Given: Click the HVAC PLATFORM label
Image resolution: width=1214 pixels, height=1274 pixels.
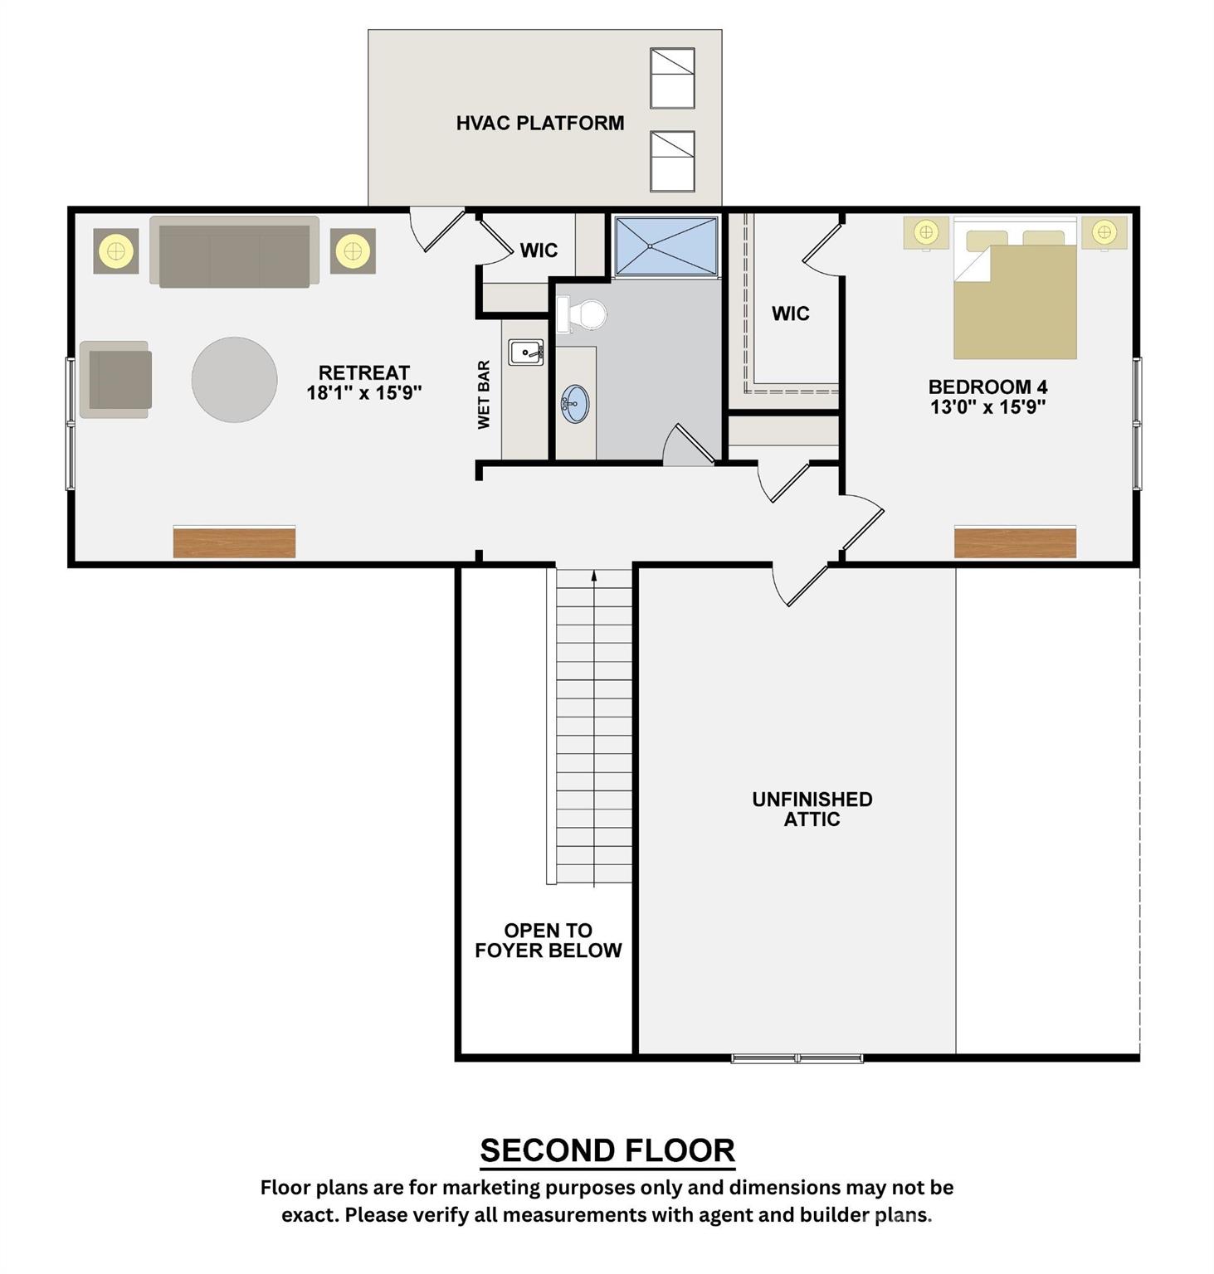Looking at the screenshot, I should (539, 123).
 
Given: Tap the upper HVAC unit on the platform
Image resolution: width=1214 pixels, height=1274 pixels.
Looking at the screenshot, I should (671, 78).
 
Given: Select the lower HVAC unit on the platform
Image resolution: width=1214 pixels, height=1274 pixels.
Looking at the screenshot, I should (671, 161).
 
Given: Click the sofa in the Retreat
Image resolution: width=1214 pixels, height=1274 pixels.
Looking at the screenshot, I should (234, 252).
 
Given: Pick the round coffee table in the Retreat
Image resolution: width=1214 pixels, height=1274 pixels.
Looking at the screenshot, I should (234, 379).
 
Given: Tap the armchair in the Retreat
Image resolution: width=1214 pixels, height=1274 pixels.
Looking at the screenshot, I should (116, 379).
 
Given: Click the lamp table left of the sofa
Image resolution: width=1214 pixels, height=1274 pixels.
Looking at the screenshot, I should (115, 250).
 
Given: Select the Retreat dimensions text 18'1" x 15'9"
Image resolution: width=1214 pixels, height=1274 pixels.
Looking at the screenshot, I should (364, 393).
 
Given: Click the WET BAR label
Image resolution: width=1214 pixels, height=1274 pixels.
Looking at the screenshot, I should (484, 395).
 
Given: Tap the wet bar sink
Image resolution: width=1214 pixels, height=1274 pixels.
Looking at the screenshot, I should (526, 353).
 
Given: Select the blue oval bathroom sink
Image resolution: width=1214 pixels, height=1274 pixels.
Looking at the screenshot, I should (574, 404).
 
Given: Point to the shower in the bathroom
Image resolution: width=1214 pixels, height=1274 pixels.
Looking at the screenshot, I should (666, 246).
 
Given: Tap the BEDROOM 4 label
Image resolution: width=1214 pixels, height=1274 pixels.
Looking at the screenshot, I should (987, 387).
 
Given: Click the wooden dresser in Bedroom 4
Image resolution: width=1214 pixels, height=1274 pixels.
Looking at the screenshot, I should (1015, 542).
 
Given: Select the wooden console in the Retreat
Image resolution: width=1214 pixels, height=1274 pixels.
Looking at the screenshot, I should (234, 542).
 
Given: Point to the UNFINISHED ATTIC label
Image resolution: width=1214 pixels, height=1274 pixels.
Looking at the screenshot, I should (812, 809).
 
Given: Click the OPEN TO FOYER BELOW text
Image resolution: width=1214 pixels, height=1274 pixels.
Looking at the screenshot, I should (548, 941).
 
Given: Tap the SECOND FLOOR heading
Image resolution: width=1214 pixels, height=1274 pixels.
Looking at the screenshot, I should (607, 1150).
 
